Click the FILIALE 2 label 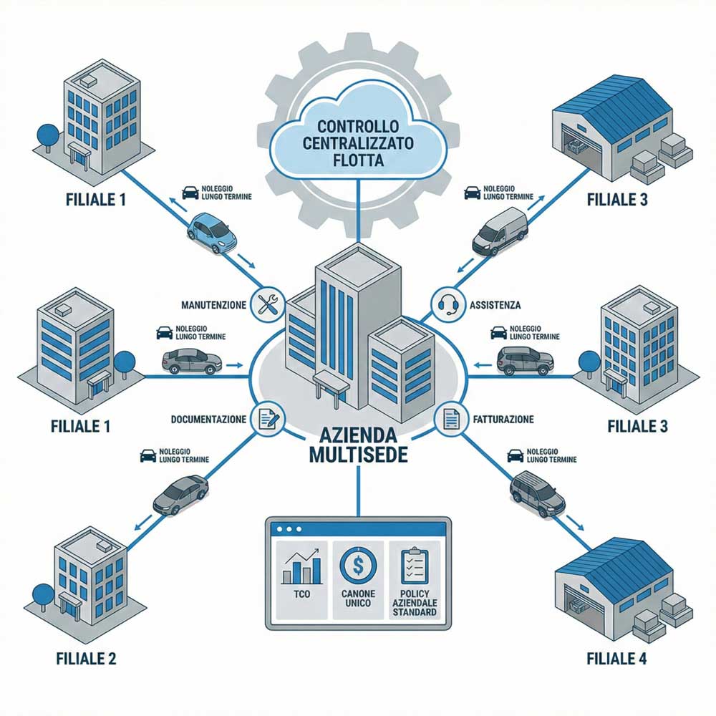(86, 659)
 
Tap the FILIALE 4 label (616, 659)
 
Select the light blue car (212, 233)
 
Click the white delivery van (500, 231)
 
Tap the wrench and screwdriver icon (268, 304)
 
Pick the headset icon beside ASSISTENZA (447, 304)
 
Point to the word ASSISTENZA (495, 305)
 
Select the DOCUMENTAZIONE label (208, 419)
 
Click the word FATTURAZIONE (503, 419)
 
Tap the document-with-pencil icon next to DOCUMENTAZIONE (268, 419)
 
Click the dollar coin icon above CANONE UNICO (359, 566)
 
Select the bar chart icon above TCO (302, 568)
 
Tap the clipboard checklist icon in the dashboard (415, 566)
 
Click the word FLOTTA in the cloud (359, 160)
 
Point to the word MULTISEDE (359, 455)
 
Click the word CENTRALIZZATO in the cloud (359, 143)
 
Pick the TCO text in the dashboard (302, 594)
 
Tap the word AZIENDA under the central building (359, 435)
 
